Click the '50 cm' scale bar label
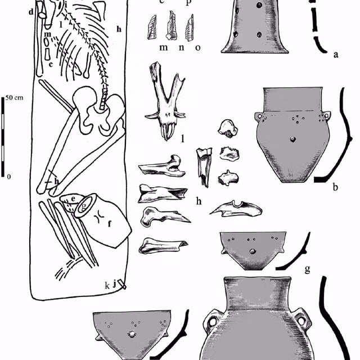[14, 98]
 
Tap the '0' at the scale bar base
[9, 177]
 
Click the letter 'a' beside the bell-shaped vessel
[336, 55]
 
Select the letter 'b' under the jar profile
[335, 187]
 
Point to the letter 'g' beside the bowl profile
[308, 268]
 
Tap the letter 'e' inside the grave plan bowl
[73, 199]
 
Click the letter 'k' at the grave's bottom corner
[107, 286]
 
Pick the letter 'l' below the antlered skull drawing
[183, 138]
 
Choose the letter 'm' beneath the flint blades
[164, 47]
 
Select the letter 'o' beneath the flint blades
[198, 47]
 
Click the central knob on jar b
[292, 139]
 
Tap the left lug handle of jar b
[259, 116]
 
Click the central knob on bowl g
[253, 251]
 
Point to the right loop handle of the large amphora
[304, 319]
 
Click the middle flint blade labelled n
[172, 25]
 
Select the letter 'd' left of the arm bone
[31, 12]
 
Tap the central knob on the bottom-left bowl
[132, 334]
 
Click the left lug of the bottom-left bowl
[100, 337]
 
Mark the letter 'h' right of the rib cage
[119, 29]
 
